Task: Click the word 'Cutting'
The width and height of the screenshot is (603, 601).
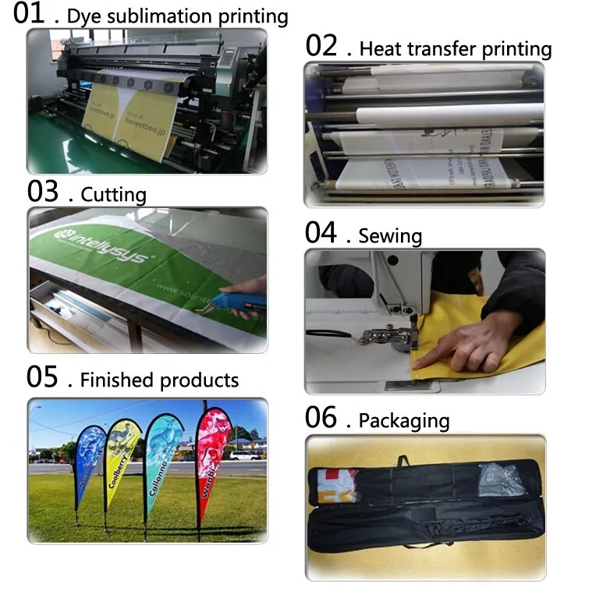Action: [x=113, y=194]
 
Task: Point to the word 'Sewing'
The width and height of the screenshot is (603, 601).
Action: [x=390, y=236]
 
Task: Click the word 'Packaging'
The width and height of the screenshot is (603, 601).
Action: [x=404, y=421]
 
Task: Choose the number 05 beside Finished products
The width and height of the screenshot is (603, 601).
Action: [x=43, y=379]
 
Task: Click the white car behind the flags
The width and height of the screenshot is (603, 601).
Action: [x=244, y=455]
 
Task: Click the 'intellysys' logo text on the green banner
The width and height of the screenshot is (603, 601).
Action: [x=101, y=245]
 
